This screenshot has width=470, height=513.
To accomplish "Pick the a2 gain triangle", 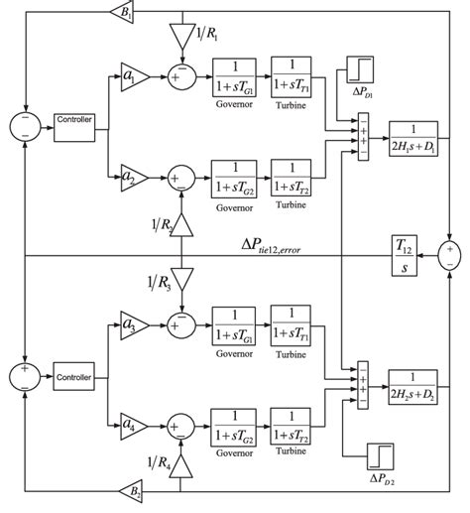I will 132,176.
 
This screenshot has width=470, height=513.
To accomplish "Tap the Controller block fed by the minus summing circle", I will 74,122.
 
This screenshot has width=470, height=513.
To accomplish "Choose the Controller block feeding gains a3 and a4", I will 74,376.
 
